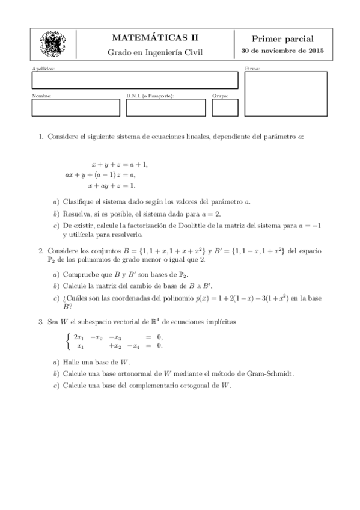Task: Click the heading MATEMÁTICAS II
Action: click(x=155, y=38)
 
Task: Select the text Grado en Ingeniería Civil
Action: click(x=155, y=52)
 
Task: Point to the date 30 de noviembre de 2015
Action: click(x=282, y=51)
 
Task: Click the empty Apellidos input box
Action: click(x=135, y=81)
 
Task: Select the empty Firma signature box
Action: click(x=285, y=93)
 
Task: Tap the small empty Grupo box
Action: click(x=225, y=108)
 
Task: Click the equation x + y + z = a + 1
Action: click(x=120, y=164)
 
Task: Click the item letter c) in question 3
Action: click(x=56, y=384)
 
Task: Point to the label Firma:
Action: click(x=251, y=69)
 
